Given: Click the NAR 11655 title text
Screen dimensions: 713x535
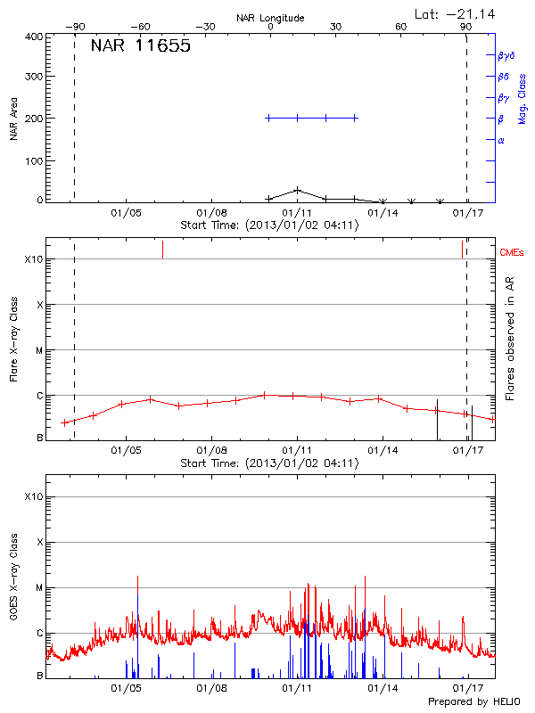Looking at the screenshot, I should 140,47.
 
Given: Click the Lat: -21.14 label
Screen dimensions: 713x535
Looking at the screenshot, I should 457,13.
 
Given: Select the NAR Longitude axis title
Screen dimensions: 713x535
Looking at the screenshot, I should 270,17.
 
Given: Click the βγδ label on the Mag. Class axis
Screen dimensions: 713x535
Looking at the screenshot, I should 506,55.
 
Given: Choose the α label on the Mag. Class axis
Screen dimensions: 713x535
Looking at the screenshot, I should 501,140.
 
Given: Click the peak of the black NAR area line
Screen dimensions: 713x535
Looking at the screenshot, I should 297,190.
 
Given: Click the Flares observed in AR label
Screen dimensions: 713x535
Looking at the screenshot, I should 510,339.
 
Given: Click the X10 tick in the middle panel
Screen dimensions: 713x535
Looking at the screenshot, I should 34,260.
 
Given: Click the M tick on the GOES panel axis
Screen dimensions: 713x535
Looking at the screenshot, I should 39,588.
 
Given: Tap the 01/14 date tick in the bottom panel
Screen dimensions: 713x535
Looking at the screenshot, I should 383,688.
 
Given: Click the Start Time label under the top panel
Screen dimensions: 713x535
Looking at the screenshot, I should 269,225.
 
